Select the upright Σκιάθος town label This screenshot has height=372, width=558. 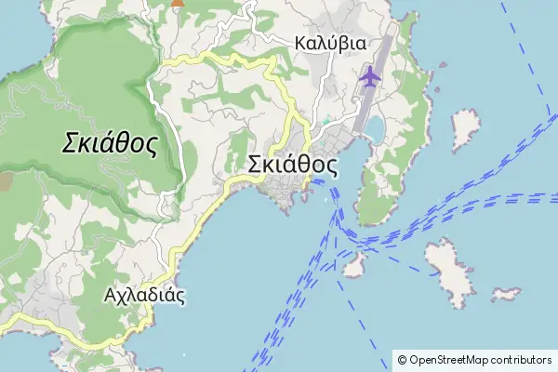point(292,165)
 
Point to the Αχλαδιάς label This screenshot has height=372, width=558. point(144,297)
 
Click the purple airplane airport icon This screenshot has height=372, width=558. point(369,76)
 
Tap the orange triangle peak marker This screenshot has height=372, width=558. point(177,3)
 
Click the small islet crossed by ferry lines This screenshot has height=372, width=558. point(352,267)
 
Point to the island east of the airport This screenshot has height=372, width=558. point(462,130)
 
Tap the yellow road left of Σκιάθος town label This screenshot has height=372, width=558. point(223,197)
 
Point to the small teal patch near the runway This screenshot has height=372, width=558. point(325,122)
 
